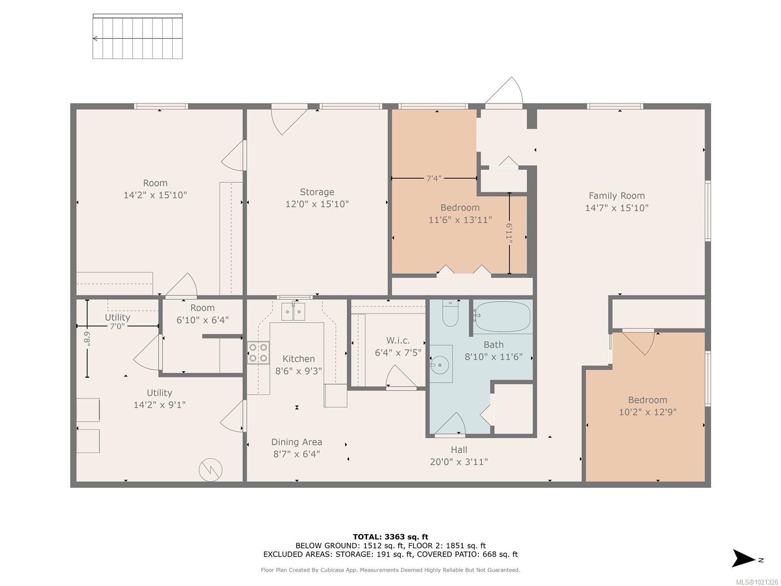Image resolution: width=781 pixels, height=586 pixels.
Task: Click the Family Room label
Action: tap(617, 196)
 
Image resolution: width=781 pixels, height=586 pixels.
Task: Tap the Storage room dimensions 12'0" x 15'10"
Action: tap(317, 204)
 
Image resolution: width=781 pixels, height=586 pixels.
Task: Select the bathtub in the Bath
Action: tap(502, 317)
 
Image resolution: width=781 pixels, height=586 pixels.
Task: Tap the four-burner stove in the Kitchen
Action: tap(258, 353)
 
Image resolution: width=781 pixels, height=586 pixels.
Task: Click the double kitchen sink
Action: tap(293, 312)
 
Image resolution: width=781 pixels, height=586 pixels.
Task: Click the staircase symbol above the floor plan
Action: tap(138, 37)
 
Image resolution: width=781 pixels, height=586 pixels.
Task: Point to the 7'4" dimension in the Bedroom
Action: tap(433, 179)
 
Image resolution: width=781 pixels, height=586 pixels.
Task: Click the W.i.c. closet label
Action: tap(398, 340)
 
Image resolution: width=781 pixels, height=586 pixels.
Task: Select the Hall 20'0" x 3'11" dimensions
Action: tap(459, 462)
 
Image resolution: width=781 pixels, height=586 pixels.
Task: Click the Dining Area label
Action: tap(296, 442)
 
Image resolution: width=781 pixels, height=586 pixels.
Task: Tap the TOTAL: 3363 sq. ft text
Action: tap(390, 537)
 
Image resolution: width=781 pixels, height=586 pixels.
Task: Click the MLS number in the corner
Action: tap(757, 582)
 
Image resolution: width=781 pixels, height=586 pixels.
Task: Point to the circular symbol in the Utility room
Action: tap(210, 470)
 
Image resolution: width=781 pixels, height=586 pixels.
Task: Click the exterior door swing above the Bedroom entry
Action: tap(504, 92)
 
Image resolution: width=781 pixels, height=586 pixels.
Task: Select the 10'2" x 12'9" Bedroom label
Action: tap(647, 412)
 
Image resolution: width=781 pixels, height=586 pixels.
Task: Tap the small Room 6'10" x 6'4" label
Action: tap(202, 314)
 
